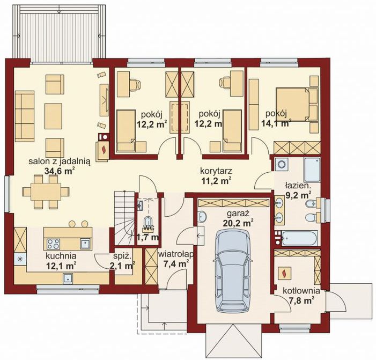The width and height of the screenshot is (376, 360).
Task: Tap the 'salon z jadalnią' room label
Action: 59,161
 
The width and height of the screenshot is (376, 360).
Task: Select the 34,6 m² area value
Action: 59,171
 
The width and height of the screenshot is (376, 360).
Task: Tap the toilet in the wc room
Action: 147,222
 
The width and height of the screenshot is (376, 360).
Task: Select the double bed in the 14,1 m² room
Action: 297,104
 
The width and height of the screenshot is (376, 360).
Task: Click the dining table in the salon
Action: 46,192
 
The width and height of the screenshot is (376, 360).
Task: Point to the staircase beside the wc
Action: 124,218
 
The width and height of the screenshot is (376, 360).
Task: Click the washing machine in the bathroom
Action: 281,164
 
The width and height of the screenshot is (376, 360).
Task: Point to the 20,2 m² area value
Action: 238,223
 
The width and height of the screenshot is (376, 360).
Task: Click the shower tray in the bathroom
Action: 312,170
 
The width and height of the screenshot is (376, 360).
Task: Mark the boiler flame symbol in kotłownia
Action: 285,273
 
